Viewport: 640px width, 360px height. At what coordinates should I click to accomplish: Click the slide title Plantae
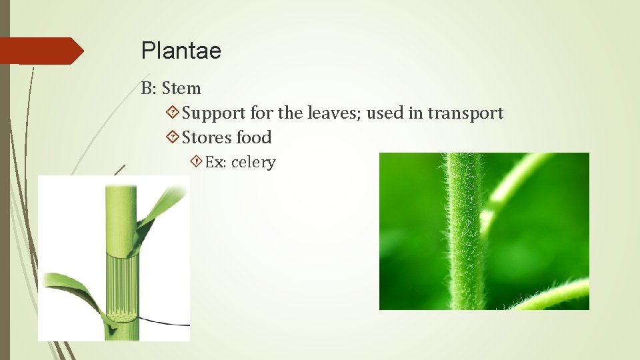pyautogui.click(x=181, y=51)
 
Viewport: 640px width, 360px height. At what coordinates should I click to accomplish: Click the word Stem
pyautogui.click(x=181, y=88)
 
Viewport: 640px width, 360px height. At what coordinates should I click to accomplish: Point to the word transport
pyautogui.click(x=465, y=113)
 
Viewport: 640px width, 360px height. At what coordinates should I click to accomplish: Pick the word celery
pyautogui.click(x=253, y=163)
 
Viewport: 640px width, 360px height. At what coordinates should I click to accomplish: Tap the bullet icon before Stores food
pyautogui.click(x=172, y=138)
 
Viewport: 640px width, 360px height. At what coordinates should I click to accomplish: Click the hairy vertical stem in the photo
pyautogui.click(x=464, y=233)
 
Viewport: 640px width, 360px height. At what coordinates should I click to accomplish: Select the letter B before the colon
pyautogui.click(x=146, y=88)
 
